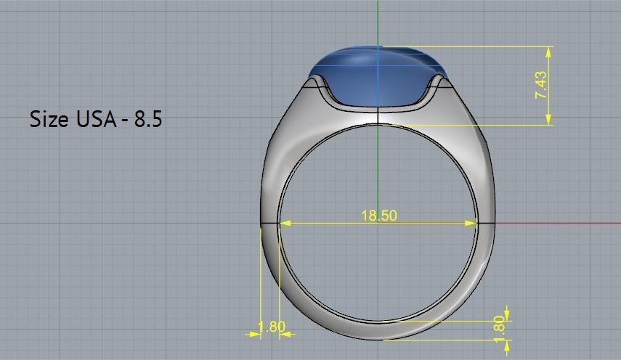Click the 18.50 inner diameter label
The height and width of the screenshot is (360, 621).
pos(378,216)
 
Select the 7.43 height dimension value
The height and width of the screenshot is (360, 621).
pos(540,86)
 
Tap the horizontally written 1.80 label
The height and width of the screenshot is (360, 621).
pos(272,327)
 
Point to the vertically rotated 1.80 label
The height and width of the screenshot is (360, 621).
pos(498,325)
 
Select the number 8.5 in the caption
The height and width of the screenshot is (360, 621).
pos(147,119)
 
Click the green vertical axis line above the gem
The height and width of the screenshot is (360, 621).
pos(378,22)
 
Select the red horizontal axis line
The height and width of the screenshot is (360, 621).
pos(559,223)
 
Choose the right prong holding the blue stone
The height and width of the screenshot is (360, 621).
pos(439,83)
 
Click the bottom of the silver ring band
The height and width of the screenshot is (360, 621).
pos(378,330)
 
